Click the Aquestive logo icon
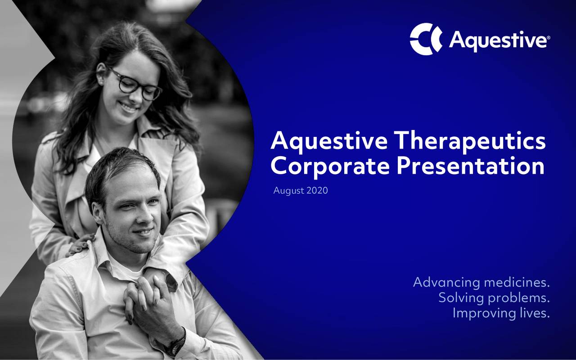(426, 39)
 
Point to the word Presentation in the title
(471, 166)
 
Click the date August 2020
(301, 191)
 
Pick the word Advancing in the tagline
(445, 283)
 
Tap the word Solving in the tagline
(461, 297)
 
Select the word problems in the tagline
(519, 298)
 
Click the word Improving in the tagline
(481, 312)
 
